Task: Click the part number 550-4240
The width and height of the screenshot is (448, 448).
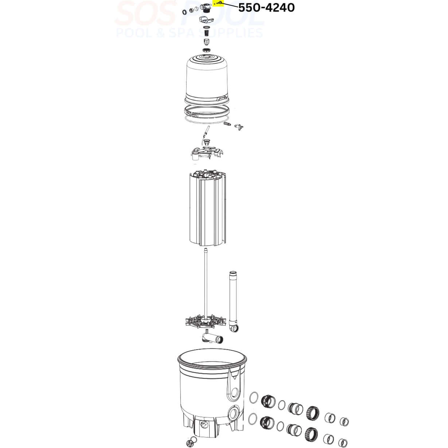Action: (x=266, y=8)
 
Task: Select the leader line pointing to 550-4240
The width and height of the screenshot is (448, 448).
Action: (x=230, y=5)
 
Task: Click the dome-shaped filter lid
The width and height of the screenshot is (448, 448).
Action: (x=207, y=79)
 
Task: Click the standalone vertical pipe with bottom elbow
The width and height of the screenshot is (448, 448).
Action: (x=233, y=301)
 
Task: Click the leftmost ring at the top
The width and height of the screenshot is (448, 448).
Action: (x=184, y=12)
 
